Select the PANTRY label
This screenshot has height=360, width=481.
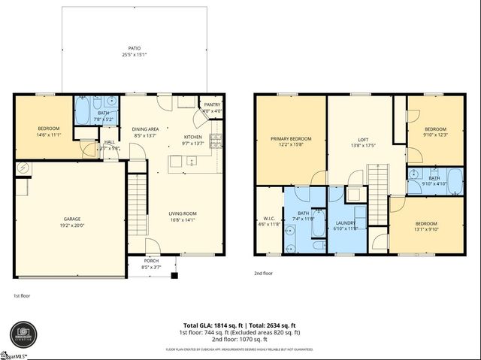pos(212,105)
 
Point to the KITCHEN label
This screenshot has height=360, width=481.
pos(193,137)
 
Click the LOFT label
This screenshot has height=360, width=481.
pos(363,140)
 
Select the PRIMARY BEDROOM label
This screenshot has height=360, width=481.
pos(291,139)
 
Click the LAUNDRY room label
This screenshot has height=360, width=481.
pos(346,222)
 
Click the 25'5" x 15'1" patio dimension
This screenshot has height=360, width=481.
pos(135,55)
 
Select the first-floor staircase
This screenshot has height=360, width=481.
pos(136,193)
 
